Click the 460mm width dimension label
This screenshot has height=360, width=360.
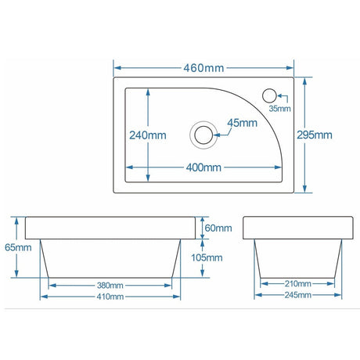click(203, 67)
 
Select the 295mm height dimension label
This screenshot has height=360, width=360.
click(315, 135)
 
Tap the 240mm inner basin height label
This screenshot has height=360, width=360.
click(148, 135)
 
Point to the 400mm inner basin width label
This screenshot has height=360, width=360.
click(203, 167)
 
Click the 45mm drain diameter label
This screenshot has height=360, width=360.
click(243, 123)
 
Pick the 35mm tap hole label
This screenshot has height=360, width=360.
click(279, 109)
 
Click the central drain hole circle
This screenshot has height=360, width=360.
click(203, 134)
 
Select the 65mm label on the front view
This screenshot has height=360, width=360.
click(18, 247)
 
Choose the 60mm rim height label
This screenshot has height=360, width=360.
click(218, 228)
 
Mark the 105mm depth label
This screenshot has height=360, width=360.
click(207, 257)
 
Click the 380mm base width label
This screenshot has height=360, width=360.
click(110, 284)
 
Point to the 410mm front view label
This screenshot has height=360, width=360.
click(110, 296)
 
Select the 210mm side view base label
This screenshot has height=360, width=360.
click(298, 283)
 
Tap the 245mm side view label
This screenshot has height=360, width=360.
click(298, 295)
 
